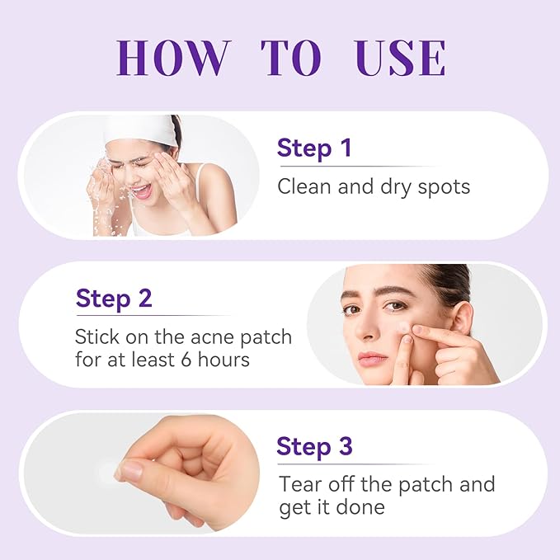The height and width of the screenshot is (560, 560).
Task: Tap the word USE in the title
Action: click(400, 57)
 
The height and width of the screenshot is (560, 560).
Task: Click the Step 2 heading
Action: click(114, 298)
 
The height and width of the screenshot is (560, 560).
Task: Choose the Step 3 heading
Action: click(315, 446)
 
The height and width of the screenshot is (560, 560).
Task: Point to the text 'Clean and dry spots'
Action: click(374, 186)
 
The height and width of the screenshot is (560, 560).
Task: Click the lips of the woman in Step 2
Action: click(373, 358)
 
